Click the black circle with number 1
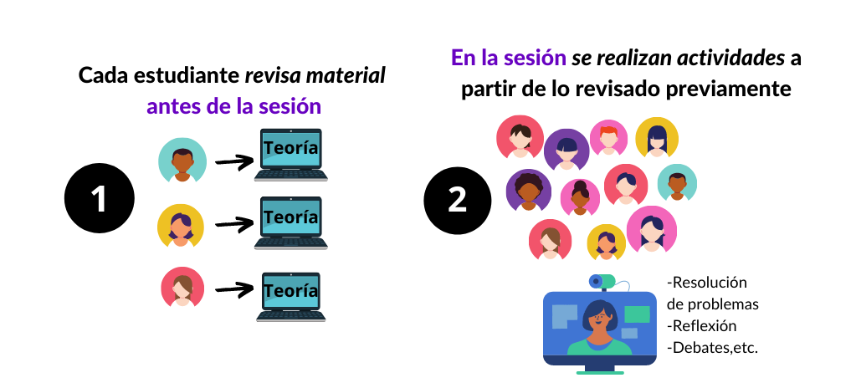coord(100,200)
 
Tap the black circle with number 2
coord(458,200)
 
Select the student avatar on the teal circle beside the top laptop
coord(182,160)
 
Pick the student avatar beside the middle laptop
coord(180,226)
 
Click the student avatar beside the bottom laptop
coord(183,288)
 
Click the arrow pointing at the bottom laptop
coord(234,289)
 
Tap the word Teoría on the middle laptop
coord(290,217)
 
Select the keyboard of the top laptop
coord(290,176)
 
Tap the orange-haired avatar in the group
coord(608,137)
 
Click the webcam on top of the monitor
coord(602,282)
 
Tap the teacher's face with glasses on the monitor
coord(599,318)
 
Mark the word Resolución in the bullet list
coord(710,282)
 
